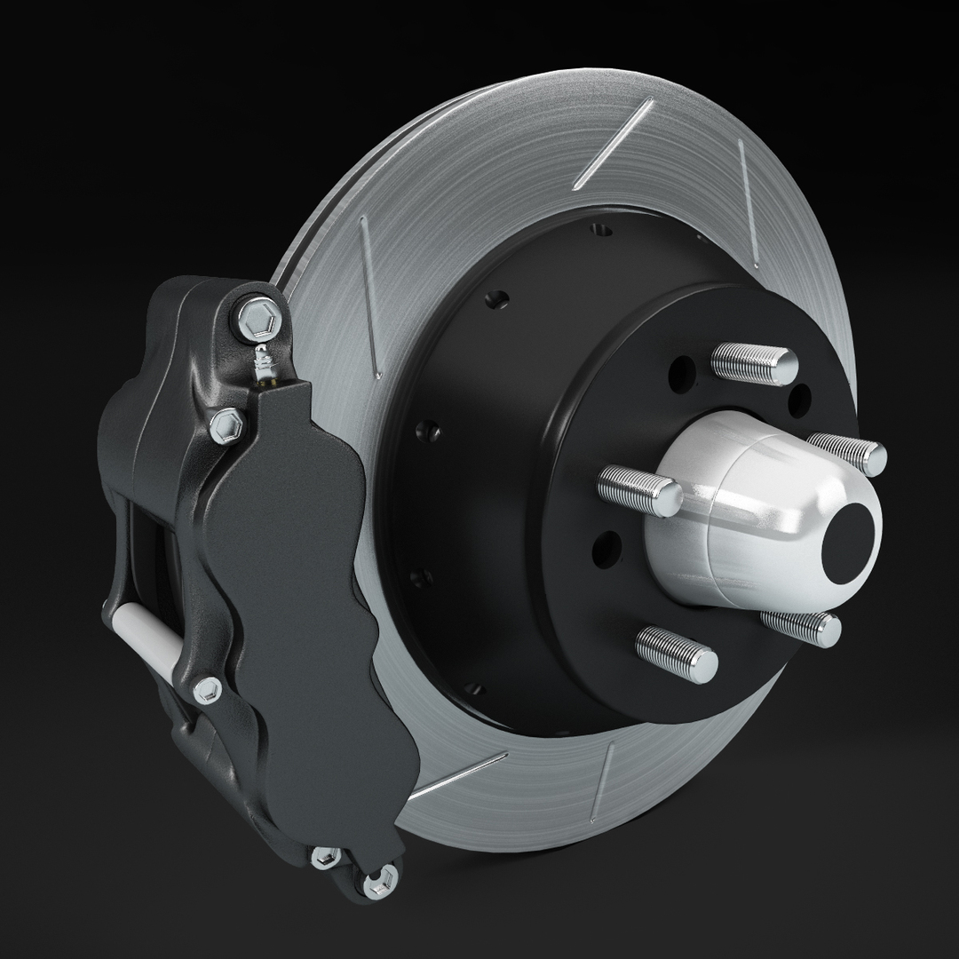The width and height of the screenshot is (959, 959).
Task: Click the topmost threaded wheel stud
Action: (755, 363)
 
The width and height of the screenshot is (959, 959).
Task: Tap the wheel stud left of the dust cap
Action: (639, 487)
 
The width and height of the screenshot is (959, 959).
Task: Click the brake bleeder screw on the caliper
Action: (263, 363)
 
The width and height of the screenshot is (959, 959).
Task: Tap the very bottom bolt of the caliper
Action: (375, 884)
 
